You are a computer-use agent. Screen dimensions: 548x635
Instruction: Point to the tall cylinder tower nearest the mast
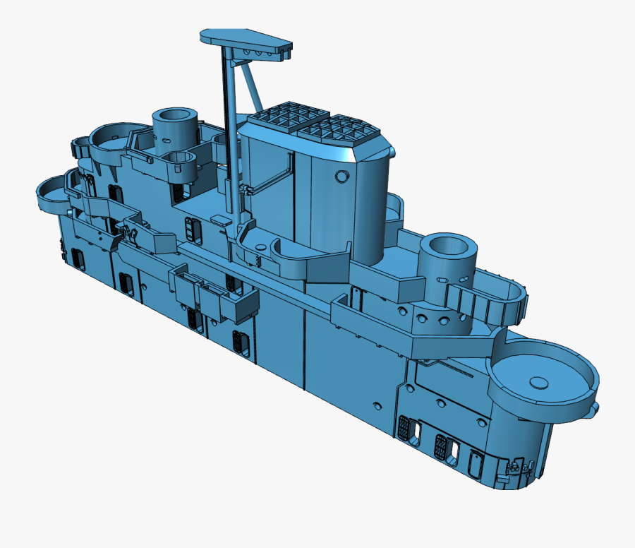174,127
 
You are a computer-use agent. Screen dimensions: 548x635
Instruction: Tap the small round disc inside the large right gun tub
539,383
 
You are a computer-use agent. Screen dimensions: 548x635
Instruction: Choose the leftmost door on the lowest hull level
77,259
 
